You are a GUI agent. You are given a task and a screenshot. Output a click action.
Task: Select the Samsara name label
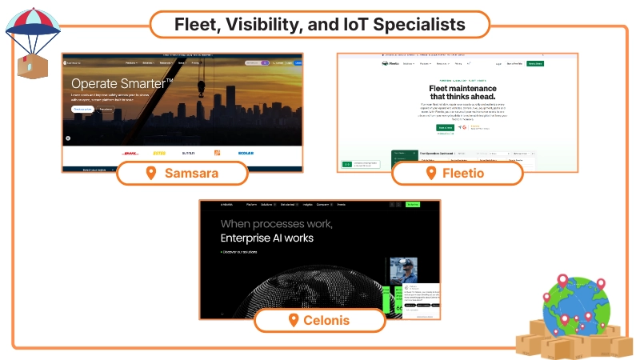point(191,173)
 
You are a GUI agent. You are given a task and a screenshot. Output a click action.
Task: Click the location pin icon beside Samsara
point(150,173)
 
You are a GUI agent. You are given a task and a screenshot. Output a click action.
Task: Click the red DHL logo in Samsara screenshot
point(131,153)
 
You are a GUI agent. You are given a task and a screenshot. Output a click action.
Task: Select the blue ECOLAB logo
point(246,153)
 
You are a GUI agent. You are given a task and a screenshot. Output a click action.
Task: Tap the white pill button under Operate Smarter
point(82,109)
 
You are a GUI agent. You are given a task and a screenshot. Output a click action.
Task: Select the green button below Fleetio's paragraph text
point(444,127)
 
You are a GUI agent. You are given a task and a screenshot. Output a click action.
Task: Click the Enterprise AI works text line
point(267,238)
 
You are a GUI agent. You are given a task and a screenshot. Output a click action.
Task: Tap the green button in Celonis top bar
point(413,205)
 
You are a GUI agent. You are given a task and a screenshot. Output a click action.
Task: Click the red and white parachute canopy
point(30,22)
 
